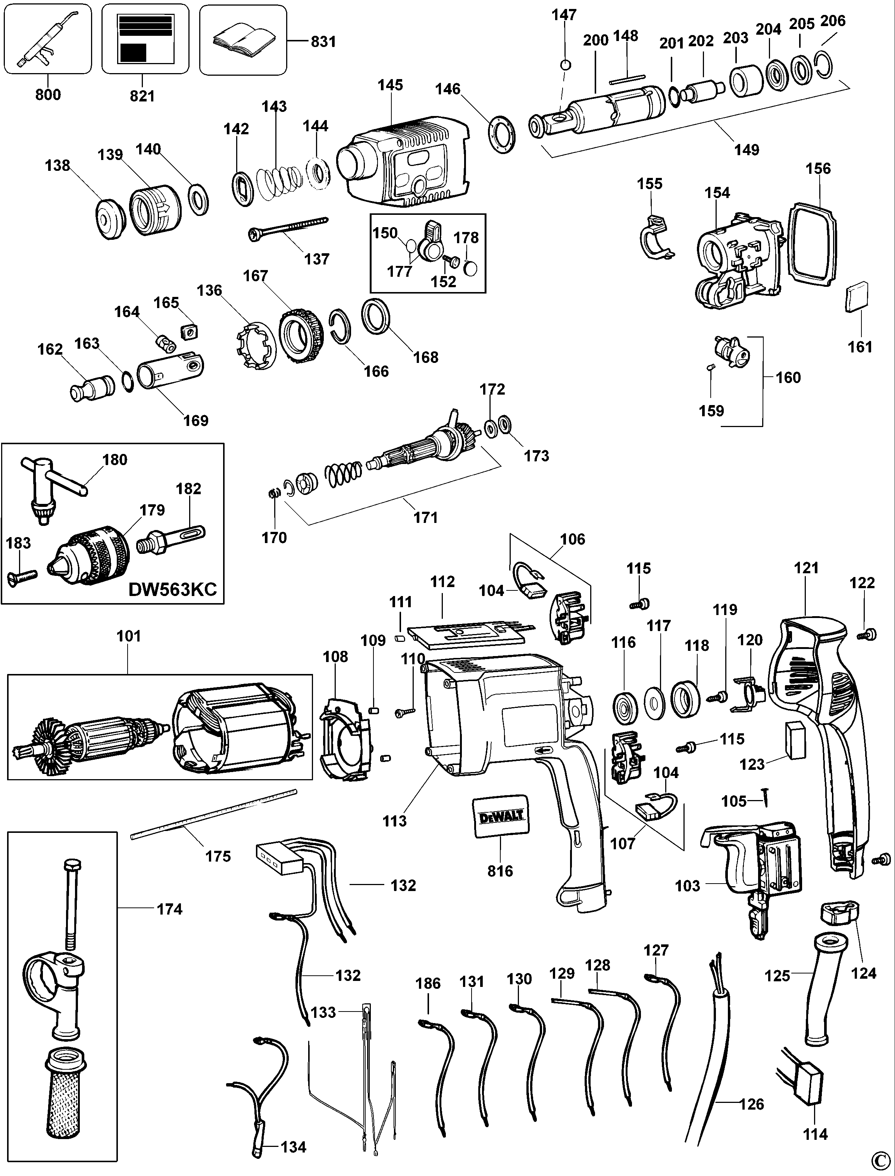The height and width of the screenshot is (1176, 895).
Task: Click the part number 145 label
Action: coord(391,85)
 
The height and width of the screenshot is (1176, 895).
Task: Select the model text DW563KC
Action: coord(173,589)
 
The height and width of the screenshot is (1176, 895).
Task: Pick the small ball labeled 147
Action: coord(566,65)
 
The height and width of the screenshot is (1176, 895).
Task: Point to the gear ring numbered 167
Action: coord(301,336)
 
